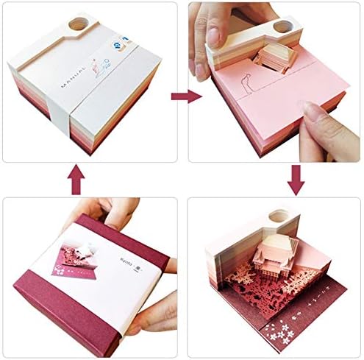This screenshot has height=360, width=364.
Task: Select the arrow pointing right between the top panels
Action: pyautogui.click(x=181, y=96)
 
